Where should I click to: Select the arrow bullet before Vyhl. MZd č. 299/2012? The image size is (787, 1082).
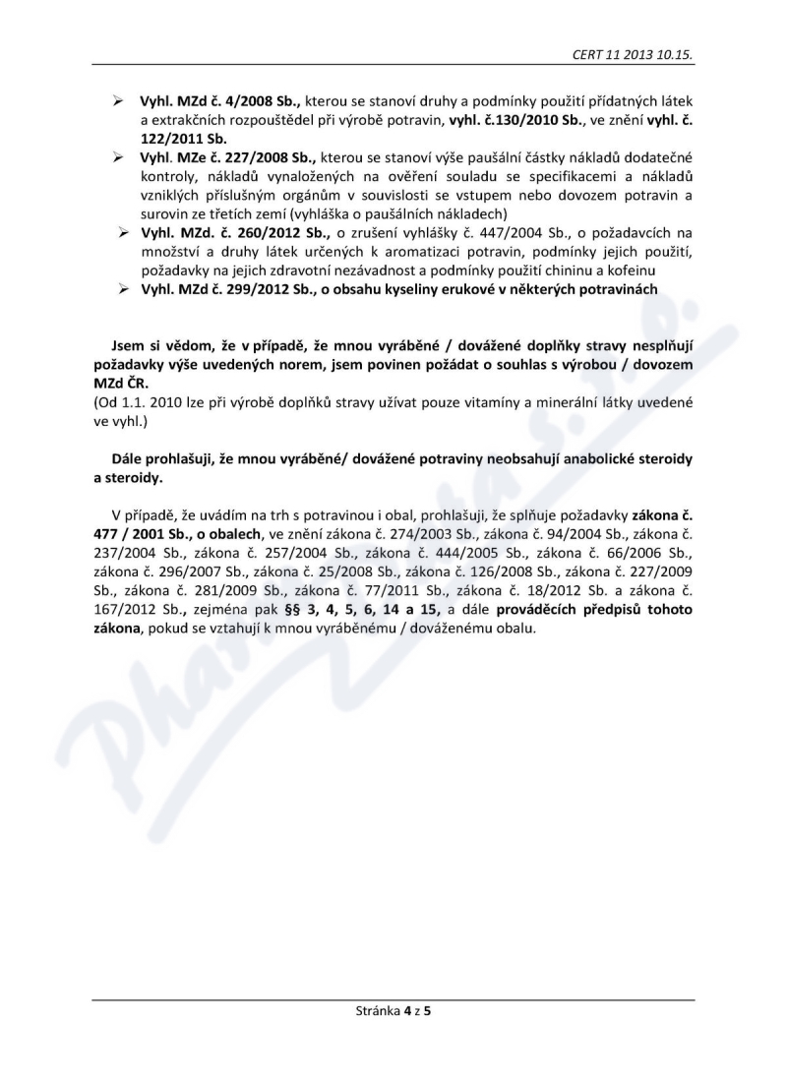tap(125, 288)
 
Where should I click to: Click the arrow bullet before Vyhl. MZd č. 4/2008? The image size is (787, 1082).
tap(117, 102)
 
